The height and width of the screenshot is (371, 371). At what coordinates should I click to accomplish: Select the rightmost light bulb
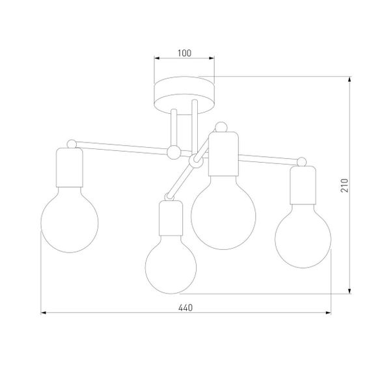[302, 238]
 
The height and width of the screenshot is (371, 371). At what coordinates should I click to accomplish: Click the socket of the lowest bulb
[170, 219]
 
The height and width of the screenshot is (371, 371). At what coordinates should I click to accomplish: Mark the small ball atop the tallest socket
[221, 126]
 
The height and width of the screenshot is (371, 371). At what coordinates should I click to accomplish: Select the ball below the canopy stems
[173, 152]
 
